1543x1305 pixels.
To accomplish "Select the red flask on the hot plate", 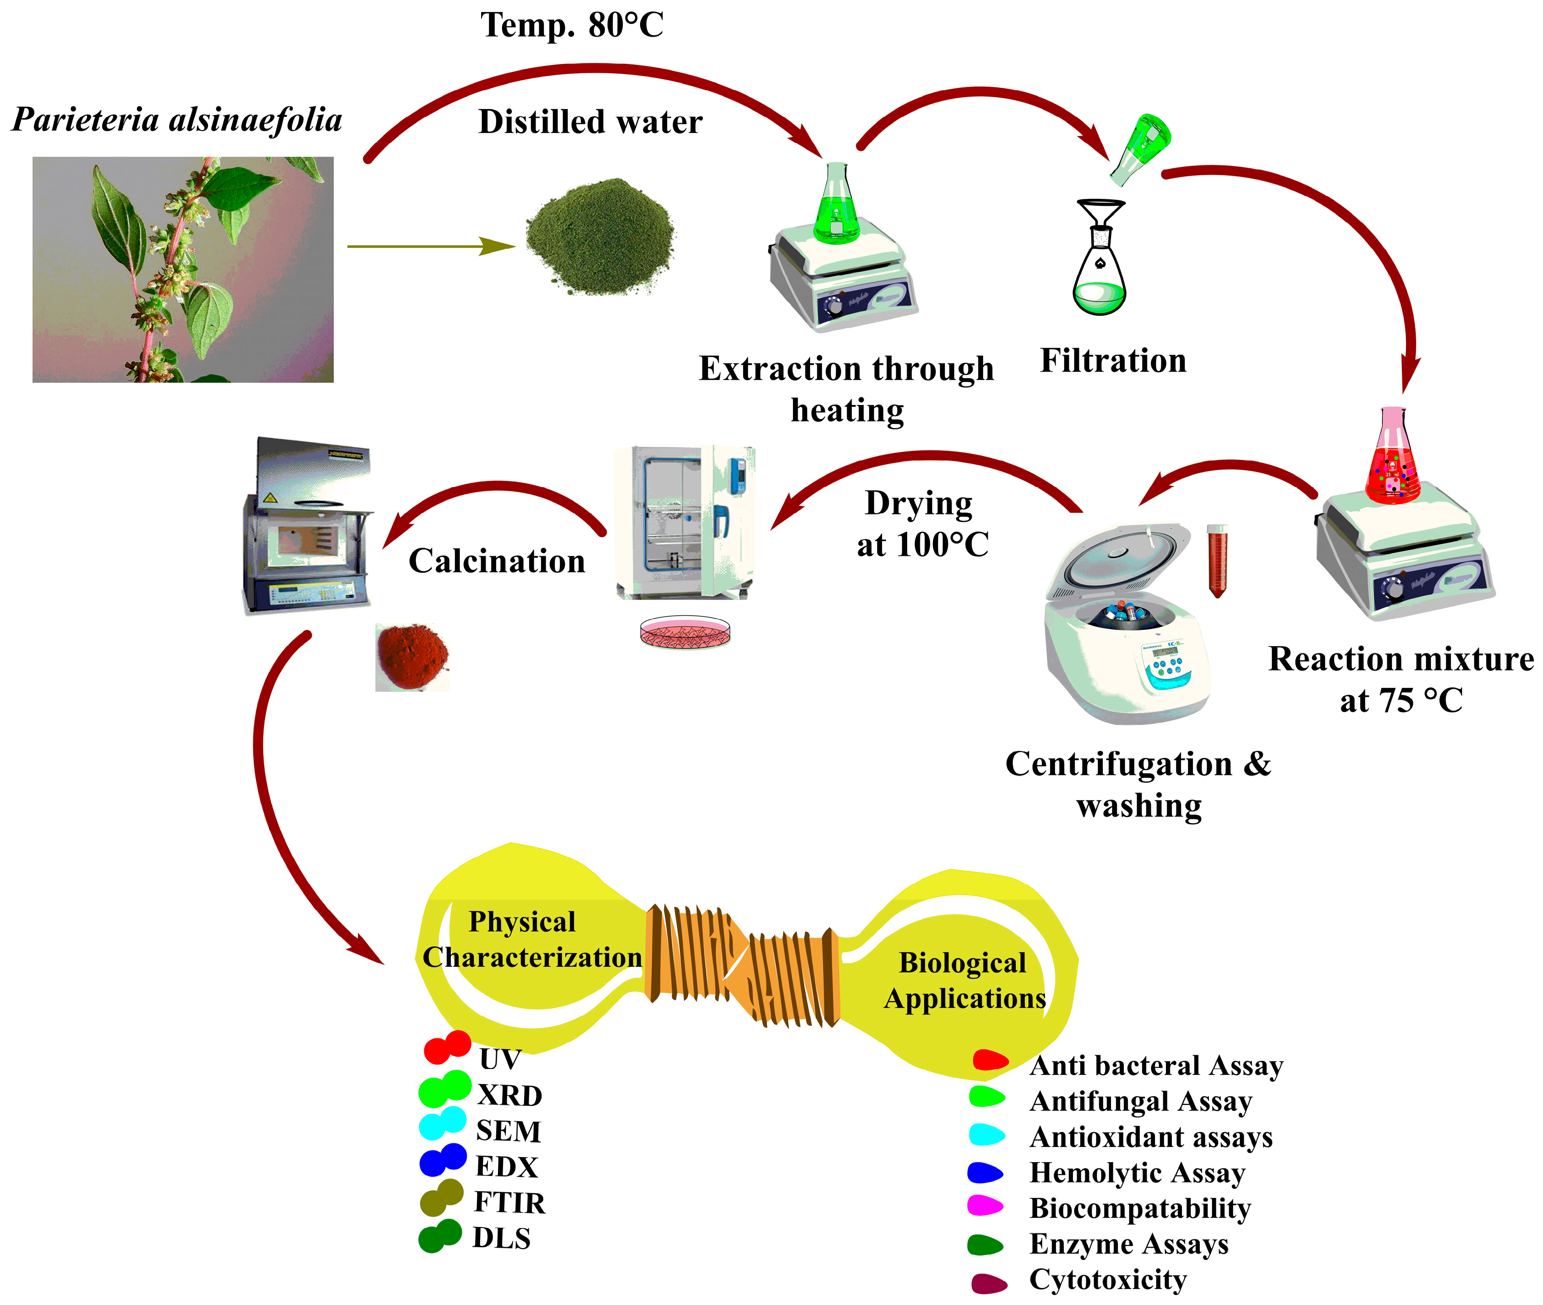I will click(x=1392, y=462).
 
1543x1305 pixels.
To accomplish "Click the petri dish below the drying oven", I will click(x=685, y=632).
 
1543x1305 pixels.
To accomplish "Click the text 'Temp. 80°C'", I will click(x=572, y=25).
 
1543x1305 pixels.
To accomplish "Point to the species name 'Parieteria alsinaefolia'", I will click(x=177, y=120).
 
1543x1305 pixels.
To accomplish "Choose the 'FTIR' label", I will click(x=509, y=1202).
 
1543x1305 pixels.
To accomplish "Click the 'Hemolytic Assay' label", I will click(x=1137, y=1173).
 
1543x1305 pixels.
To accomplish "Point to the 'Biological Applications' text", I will click(x=964, y=980).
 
